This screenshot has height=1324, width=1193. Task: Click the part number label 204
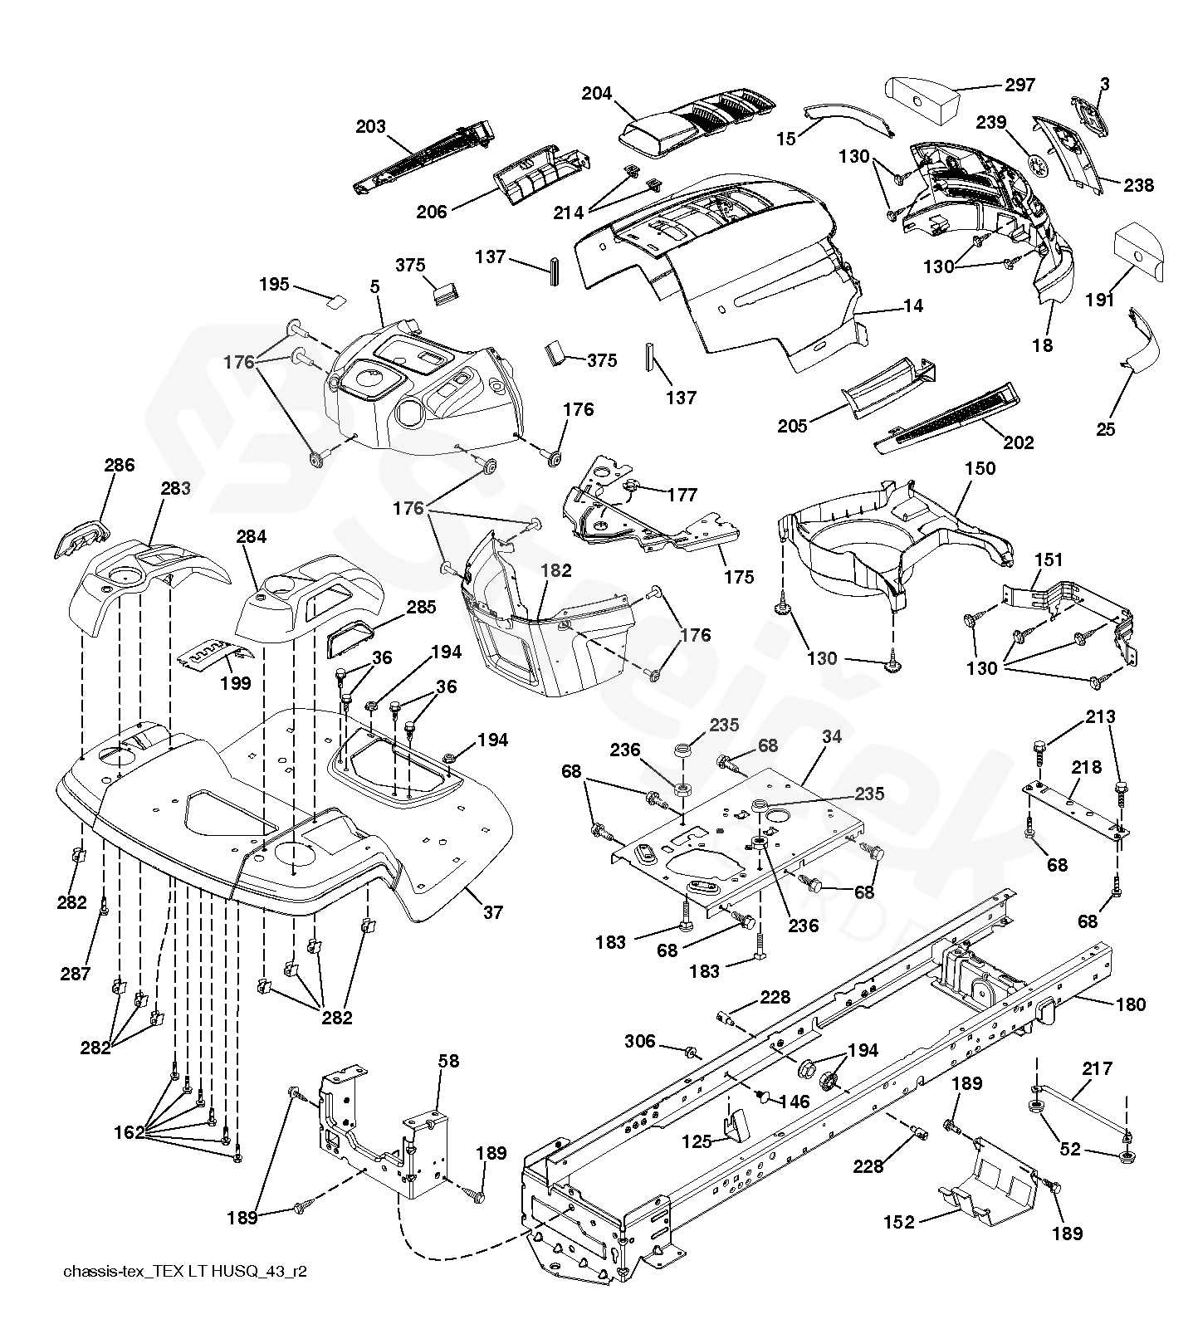click(x=596, y=94)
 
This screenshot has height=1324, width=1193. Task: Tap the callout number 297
click(x=1019, y=85)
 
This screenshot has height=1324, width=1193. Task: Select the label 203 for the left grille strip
click(x=370, y=126)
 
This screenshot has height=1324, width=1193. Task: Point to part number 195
click(x=274, y=285)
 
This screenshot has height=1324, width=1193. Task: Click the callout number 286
click(x=119, y=465)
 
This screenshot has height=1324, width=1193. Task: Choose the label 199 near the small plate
click(x=237, y=684)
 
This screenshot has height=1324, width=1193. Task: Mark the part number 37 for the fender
click(x=492, y=912)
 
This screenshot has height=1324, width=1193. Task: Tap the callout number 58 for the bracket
click(x=448, y=1061)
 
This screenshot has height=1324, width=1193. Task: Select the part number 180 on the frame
click(x=1130, y=1005)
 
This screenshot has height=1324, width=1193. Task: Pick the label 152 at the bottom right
click(x=898, y=1221)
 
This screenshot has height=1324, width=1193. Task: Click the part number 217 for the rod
click(x=1097, y=1068)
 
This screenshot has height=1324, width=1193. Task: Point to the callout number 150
click(x=979, y=468)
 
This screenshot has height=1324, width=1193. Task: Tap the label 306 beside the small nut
click(x=639, y=1041)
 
